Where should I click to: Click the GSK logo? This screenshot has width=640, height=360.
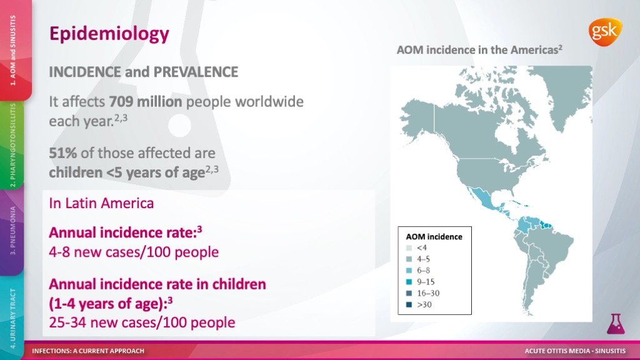click(x=605, y=32)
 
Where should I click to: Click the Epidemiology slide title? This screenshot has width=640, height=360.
click(x=109, y=34)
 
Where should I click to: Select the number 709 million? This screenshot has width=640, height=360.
click(x=145, y=102)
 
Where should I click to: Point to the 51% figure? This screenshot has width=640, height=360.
click(x=63, y=153)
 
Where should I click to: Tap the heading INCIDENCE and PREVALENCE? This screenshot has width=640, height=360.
click(x=143, y=72)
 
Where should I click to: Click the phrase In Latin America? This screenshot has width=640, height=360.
click(x=101, y=203)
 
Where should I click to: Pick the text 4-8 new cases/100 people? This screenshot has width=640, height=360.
click(x=134, y=252)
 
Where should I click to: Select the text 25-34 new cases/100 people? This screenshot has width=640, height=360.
click(x=142, y=322)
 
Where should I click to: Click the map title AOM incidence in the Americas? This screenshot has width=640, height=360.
click(x=479, y=50)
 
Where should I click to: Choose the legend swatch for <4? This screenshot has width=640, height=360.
click(x=409, y=247)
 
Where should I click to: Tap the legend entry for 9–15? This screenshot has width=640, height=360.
click(x=421, y=282)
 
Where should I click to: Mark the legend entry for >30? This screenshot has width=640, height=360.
click(x=419, y=304)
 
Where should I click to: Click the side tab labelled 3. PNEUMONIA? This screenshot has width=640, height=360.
click(x=12, y=231)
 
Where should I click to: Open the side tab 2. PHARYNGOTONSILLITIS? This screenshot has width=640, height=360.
click(x=12, y=145)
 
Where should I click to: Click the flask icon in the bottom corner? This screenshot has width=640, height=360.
click(x=616, y=324)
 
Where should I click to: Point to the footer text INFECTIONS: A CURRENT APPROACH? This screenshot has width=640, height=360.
click(x=88, y=351)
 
